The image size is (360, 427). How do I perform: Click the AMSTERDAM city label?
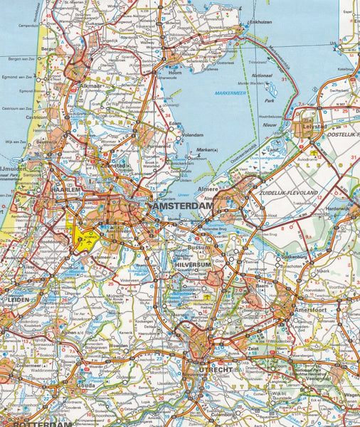pyautogui.click(x=184, y=206)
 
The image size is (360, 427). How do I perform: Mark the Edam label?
pyautogui.click(x=178, y=122)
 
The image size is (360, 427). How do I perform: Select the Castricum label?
pyautogui.click(x=36, y=117)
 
